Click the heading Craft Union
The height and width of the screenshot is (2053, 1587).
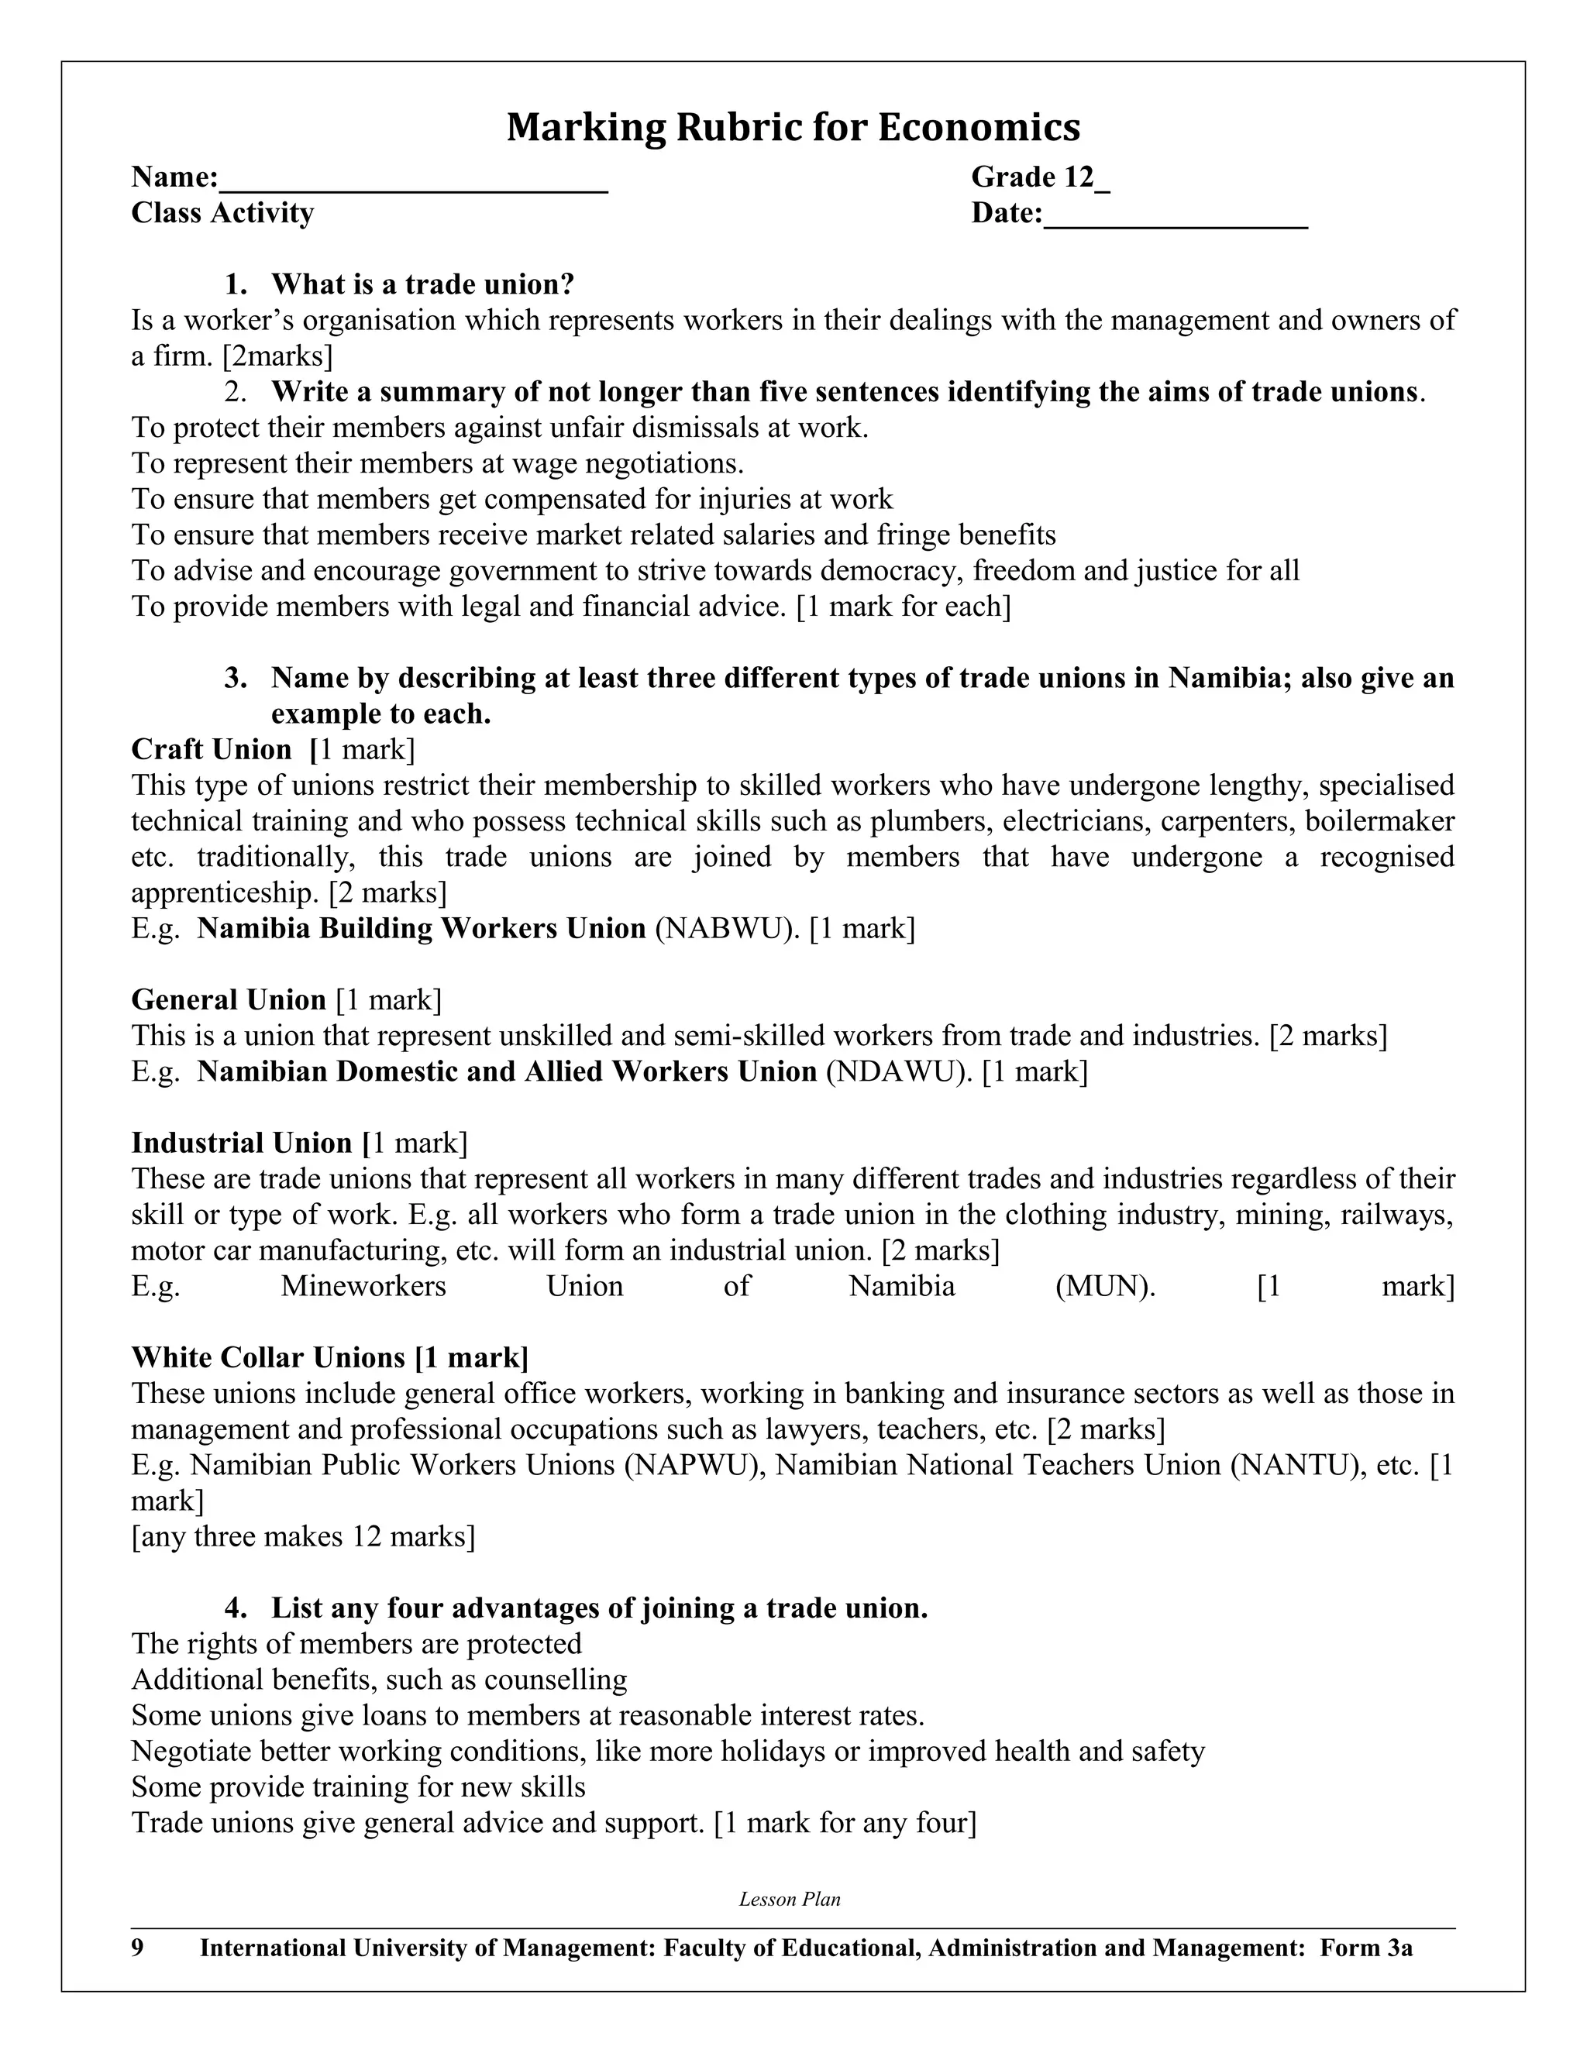tap(212, 749)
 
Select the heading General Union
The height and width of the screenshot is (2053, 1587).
tap(229, 999)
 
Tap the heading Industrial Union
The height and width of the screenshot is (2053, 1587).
tap(242, 1143)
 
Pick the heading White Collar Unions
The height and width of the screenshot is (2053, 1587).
tap(268, 1357)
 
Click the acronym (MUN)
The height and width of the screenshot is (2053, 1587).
tap(1105, 1286)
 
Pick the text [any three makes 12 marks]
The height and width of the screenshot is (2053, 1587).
tap(303, 1537)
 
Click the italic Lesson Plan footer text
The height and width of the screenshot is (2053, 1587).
tap(790, 1900)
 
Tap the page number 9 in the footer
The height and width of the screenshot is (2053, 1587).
tap(137, 1948)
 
